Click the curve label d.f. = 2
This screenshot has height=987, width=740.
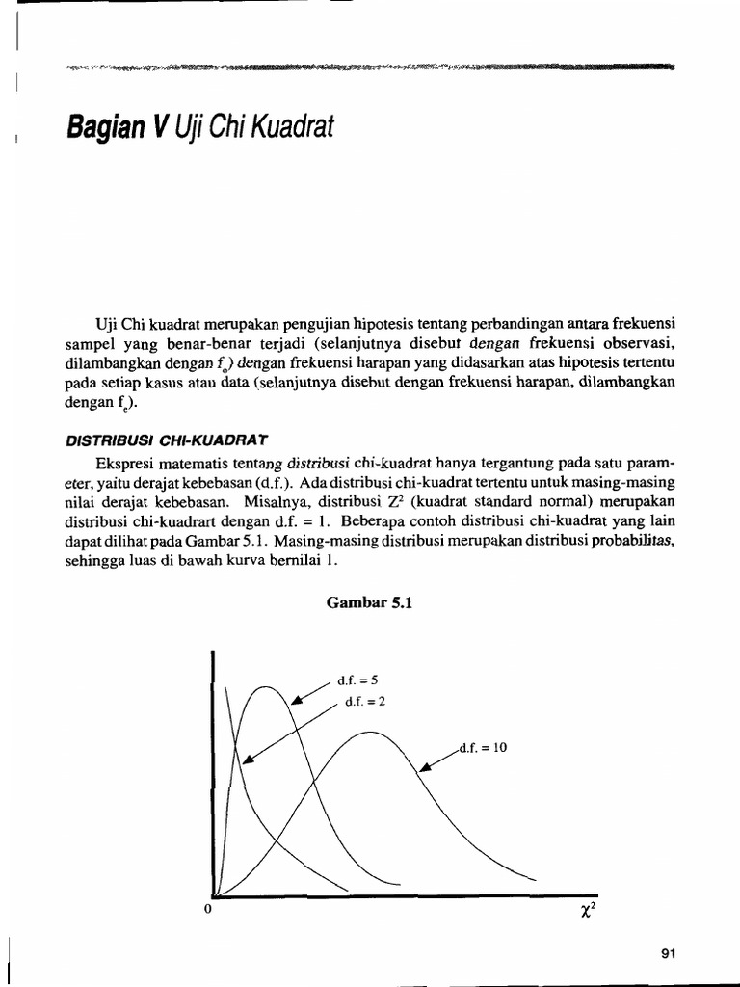[x=365, y=701]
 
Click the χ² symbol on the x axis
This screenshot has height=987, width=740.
[x=587, y=910]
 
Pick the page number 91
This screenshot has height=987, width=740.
[x=672, y=953]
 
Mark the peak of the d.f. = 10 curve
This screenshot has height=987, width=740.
[x=368, y=734]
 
